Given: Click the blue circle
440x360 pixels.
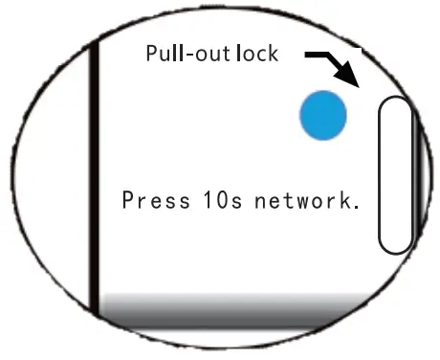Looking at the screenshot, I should click(322, 115).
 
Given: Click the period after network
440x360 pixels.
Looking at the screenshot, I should click(355, 208).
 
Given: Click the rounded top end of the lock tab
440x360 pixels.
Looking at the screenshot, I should click(395, 103).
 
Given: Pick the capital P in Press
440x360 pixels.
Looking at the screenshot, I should click(127, 201).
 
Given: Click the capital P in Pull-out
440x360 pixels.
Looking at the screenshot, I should click(151, 53).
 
